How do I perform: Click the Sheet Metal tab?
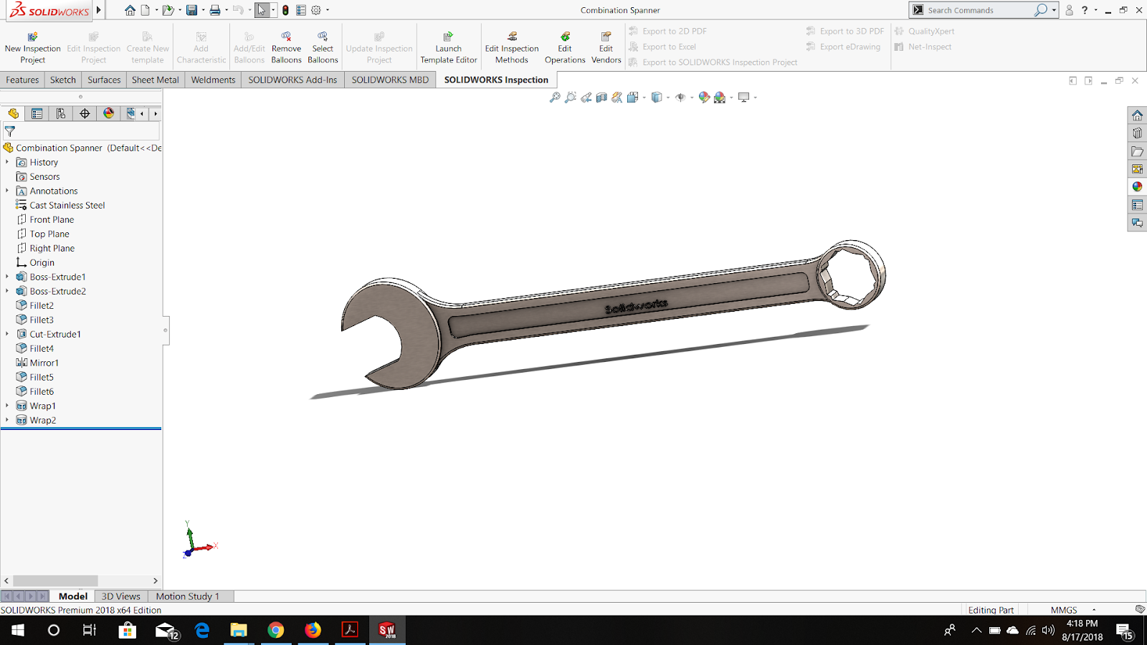pos(155,80)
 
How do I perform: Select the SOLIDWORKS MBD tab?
pos(390,80)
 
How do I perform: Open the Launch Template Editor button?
pos(448,48)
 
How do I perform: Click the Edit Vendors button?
pos(606,48)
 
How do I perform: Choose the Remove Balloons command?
pos(286,48)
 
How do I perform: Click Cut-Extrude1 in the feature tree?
pos(55,334)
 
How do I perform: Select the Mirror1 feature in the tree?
pos(44,363)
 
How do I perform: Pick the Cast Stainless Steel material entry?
pos(67,205)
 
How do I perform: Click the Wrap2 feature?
pos(42,420)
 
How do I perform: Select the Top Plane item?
pos(49,234)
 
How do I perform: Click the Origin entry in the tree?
pos(42,262)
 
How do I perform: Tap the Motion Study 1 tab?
pos(187,596)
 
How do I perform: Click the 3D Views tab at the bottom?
pos(120,596)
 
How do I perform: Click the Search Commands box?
pos(979,10)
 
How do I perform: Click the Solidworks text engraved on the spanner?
pos(636,307)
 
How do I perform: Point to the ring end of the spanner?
pos(852,275)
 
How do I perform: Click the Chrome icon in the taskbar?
pos(275,630)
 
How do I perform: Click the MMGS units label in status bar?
pos(1064,610)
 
